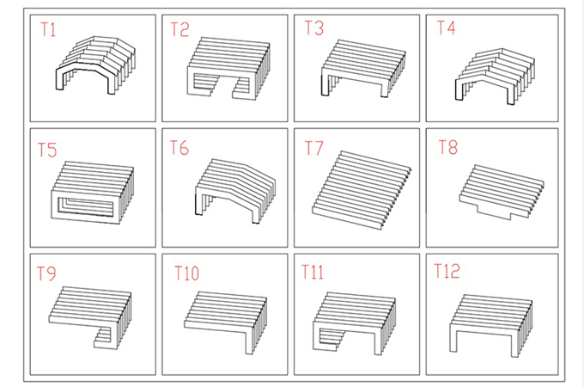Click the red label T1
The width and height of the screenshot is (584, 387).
pos(48,29)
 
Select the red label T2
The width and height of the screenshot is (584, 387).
pos(179,29)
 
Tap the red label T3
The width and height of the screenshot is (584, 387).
pos(314,28)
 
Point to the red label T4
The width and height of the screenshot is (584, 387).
pos(446,28)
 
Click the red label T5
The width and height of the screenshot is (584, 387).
pos(47,150)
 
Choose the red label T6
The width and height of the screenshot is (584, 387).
pos(179,148)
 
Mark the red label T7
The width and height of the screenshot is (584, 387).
pos(313,148)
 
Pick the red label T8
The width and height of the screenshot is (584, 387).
pos(448,147)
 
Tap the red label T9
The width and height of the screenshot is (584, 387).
pos(46,273)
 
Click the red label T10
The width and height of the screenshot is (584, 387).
pos(186,273)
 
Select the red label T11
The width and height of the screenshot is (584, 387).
pos(312,272)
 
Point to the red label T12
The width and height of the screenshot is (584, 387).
pos(447,271)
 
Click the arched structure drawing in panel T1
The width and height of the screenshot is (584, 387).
pos(95,65)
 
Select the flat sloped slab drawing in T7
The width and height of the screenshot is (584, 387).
pos(362,190)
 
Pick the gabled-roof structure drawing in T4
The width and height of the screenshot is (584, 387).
pos(496,77)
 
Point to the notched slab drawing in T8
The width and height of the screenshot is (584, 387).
pos(502,193)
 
